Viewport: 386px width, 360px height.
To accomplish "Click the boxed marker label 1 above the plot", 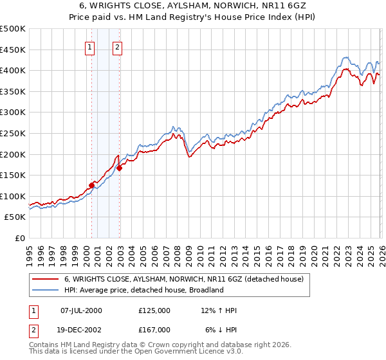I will click(x=89, y=47).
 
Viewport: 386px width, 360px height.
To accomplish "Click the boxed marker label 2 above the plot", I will click(x=118, y=47).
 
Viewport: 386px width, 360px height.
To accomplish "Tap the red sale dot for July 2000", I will click(x=91, y=185).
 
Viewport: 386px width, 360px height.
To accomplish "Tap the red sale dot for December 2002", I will click(x=120, y=168).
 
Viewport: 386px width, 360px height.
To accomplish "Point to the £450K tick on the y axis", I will click(x=13, y=50).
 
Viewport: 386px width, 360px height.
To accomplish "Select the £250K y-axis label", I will click(x=13, y=133).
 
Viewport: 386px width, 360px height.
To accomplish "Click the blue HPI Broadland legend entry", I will click(x=143, y=290).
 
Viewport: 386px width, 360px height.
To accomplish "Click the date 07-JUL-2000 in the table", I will click(x=81, y=310).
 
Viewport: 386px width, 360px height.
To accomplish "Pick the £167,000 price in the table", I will click(x=154, y=329).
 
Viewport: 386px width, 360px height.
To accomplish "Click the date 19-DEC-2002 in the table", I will click(x=81, y=329).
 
